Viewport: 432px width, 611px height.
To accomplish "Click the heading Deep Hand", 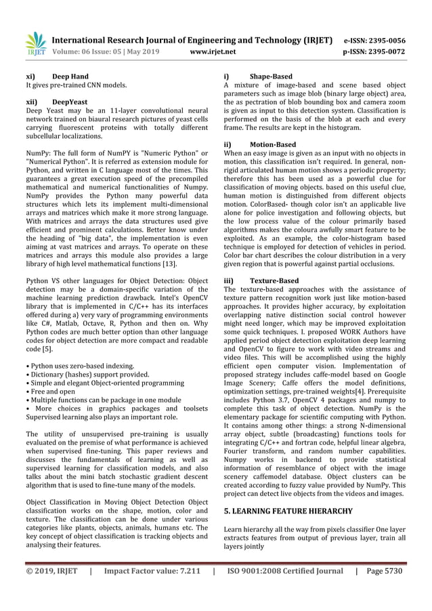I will (x=70, y=77).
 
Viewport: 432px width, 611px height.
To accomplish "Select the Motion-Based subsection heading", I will (x=273, y=144).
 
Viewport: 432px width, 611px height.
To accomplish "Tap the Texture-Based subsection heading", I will (x=274, y=280).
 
